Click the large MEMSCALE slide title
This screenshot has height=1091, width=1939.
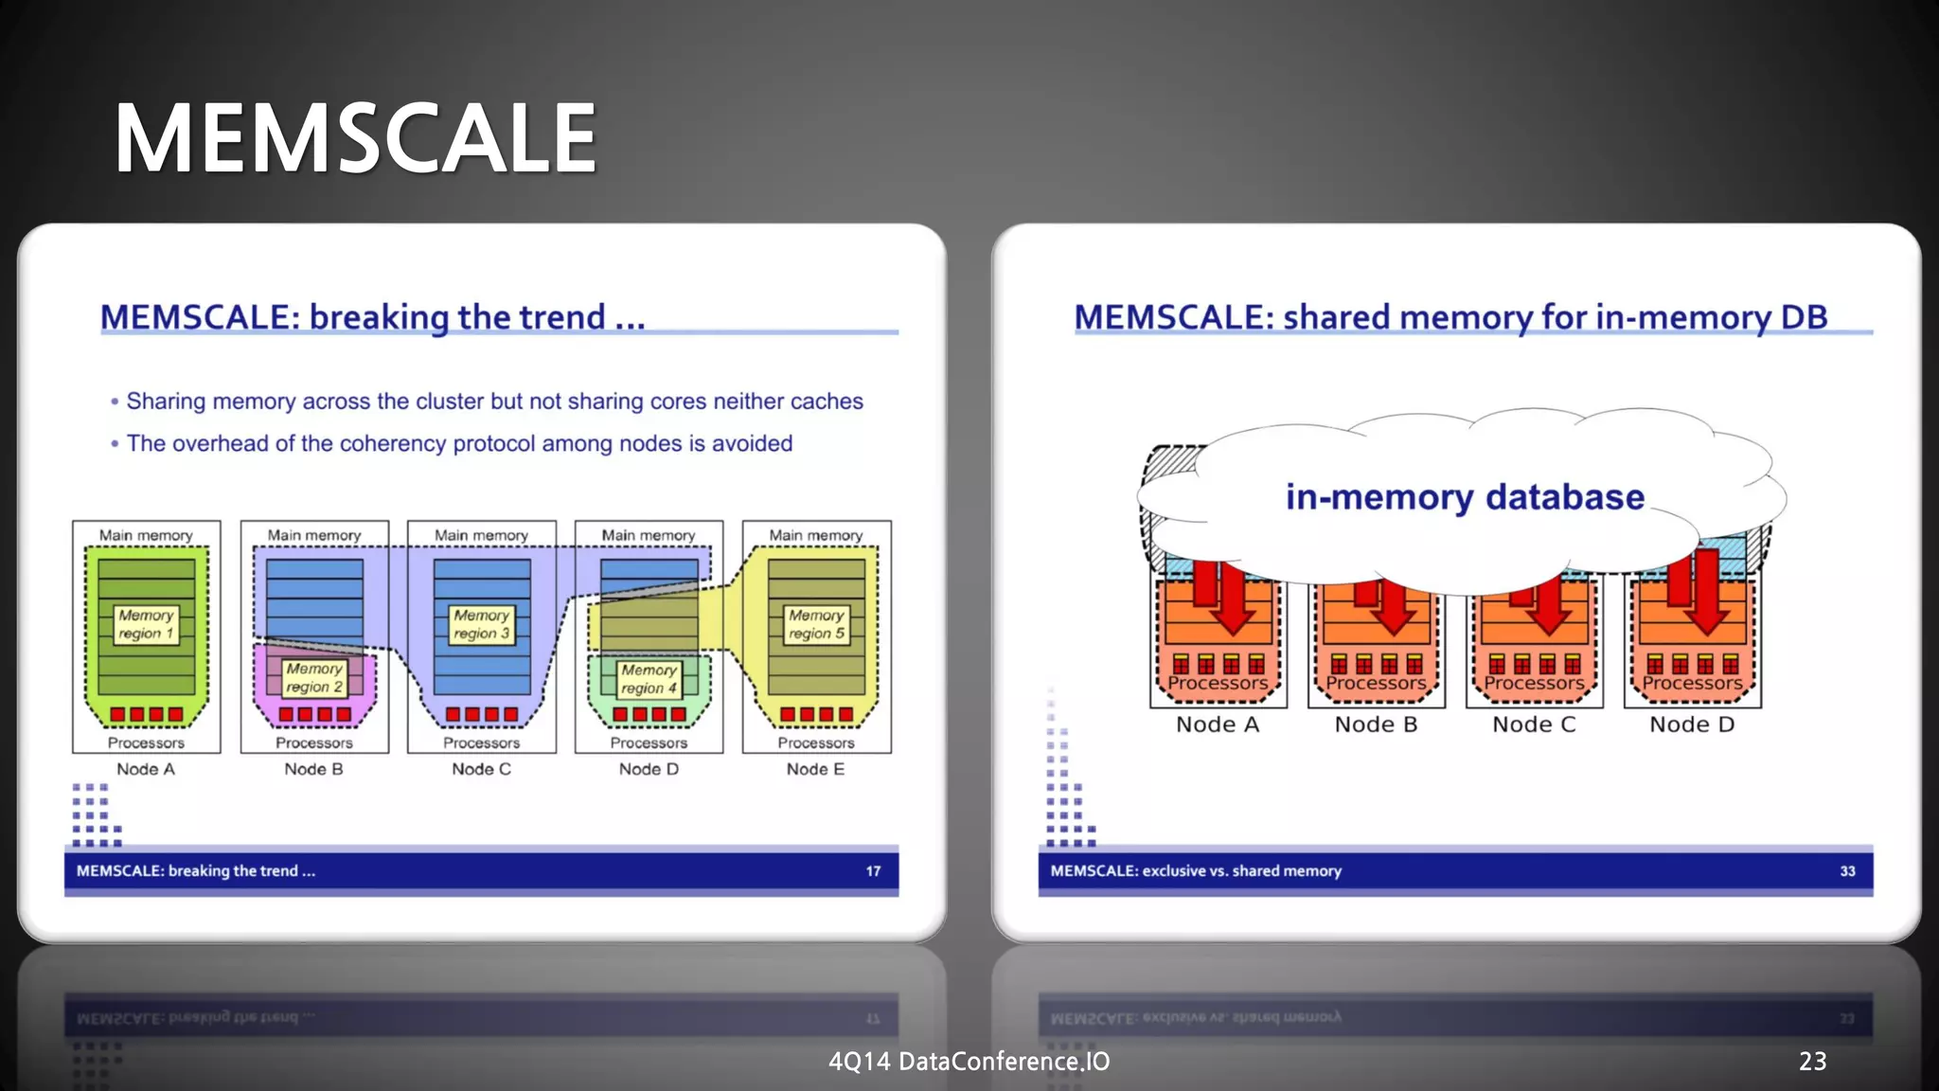[355, 138]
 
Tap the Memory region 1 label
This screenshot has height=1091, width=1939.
[146, 624]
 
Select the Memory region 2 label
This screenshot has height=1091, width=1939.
[314, 677]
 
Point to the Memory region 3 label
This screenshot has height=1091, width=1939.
[481, 624]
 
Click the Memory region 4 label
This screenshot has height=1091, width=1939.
[649, 678]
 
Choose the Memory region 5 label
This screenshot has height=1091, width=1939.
[816, 624]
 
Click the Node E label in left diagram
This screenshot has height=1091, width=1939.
[815, 769]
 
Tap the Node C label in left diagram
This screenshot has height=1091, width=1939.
[481, 769]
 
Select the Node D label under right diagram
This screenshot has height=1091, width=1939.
[1692, 724]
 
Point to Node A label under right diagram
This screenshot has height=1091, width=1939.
[1218, 724]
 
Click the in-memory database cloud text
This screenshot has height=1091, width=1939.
[1465, 497]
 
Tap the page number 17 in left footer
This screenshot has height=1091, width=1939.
[873, 871]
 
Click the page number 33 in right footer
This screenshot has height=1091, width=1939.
[1847, 871]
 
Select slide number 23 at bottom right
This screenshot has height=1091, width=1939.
[1812, 1062]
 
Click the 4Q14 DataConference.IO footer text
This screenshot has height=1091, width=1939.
[969, 1062]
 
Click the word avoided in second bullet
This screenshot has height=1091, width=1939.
[753, 443]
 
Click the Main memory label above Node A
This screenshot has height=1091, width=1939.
[146, 535]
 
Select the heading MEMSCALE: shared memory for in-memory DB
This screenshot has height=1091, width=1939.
[1450, 317]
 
